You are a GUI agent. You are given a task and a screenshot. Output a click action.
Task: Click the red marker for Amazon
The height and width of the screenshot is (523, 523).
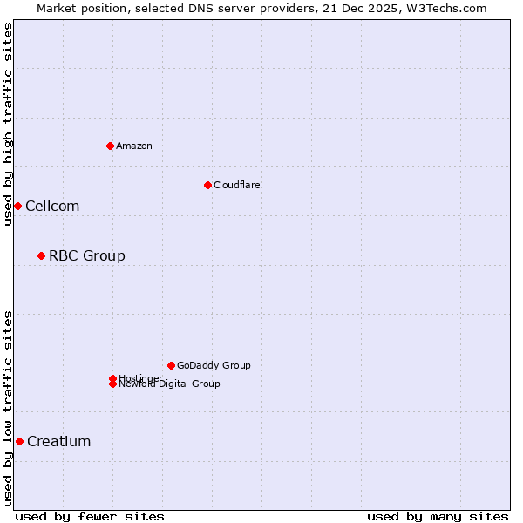pyautogui.click(x=110, y=146)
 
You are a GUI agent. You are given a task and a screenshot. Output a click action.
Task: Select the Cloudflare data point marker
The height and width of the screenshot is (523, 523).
pyautogui.click(x=207, y=185)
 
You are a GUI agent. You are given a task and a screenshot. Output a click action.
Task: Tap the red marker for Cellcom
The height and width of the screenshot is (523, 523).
pyautogui.click(x=17, y=206)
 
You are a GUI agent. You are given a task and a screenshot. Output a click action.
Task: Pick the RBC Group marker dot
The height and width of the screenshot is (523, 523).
pyautogui.click(x=41, y=255)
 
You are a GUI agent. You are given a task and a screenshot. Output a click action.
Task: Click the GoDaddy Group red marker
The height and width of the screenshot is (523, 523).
pyautogui.click(x=171, y=365)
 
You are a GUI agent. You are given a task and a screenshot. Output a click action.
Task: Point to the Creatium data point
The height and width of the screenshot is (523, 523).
pyautogui.click(x=19, y=441)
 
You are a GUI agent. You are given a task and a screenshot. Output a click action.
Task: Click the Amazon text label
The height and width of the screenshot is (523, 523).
pyautogui.click(x=134, y=146)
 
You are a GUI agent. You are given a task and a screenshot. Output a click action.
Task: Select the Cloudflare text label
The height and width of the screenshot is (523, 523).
pyautogui.click(x=237, y=185)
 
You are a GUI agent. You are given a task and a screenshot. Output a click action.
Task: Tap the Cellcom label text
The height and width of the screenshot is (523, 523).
pyautogui.click(x=52, y=207)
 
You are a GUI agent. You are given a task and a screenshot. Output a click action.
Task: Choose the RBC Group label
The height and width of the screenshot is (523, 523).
pyautogui.click(x=87, y=255)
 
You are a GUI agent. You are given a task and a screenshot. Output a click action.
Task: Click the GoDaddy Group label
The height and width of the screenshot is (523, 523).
pyautogui.click(x=214, y=365)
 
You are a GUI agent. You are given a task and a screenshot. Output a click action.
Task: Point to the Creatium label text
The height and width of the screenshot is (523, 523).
pyautogui.click(x=59, y=441)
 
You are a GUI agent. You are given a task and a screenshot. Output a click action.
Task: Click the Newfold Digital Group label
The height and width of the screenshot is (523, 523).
pyautogui.click(x=170, y=384)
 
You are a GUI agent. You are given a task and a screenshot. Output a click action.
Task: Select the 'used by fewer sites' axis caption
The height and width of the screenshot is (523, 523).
pyautogui.click(x=90, y=516)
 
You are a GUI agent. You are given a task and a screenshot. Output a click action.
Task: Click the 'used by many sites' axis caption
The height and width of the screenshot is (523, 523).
pyautogui.click(x=438, y=516)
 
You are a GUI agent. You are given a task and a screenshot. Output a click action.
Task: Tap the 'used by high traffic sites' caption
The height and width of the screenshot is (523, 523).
pyautogui.click(x=9, y=124)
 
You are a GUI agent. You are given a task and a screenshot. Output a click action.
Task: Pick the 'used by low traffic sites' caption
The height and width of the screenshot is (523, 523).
pyautogui.click(x=9, y=408)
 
